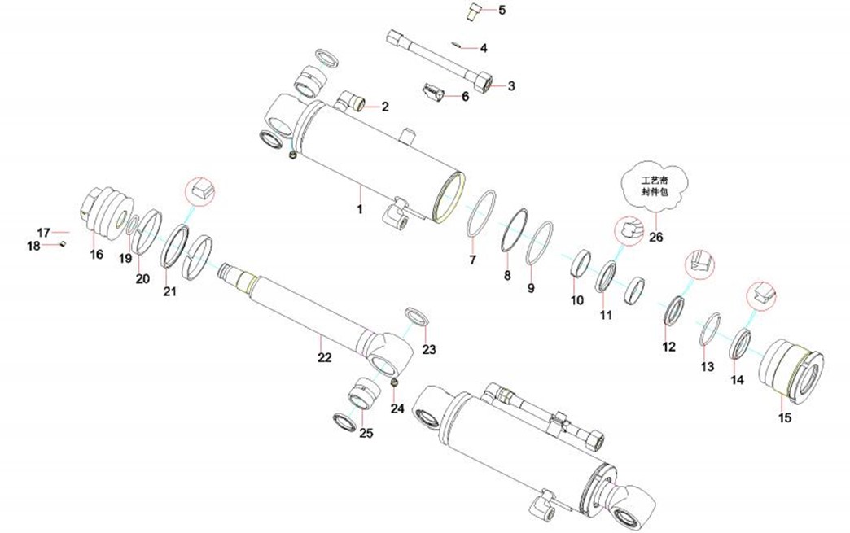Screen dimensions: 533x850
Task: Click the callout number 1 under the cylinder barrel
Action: [x=358, y=209]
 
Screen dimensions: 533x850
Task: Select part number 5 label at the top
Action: [x=502, y=11]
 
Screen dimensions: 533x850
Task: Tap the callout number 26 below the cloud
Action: [x=656, y=238]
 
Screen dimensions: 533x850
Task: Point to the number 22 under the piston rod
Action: [x=324, y=356]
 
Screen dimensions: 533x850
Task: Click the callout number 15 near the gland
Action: [x=785, y=418]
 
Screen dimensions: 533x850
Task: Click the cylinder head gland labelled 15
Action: [x=791, y=370]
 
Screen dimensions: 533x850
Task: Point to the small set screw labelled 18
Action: [x=62, y=243]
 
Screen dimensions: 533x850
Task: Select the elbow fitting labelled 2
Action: [x=354, y=102]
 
